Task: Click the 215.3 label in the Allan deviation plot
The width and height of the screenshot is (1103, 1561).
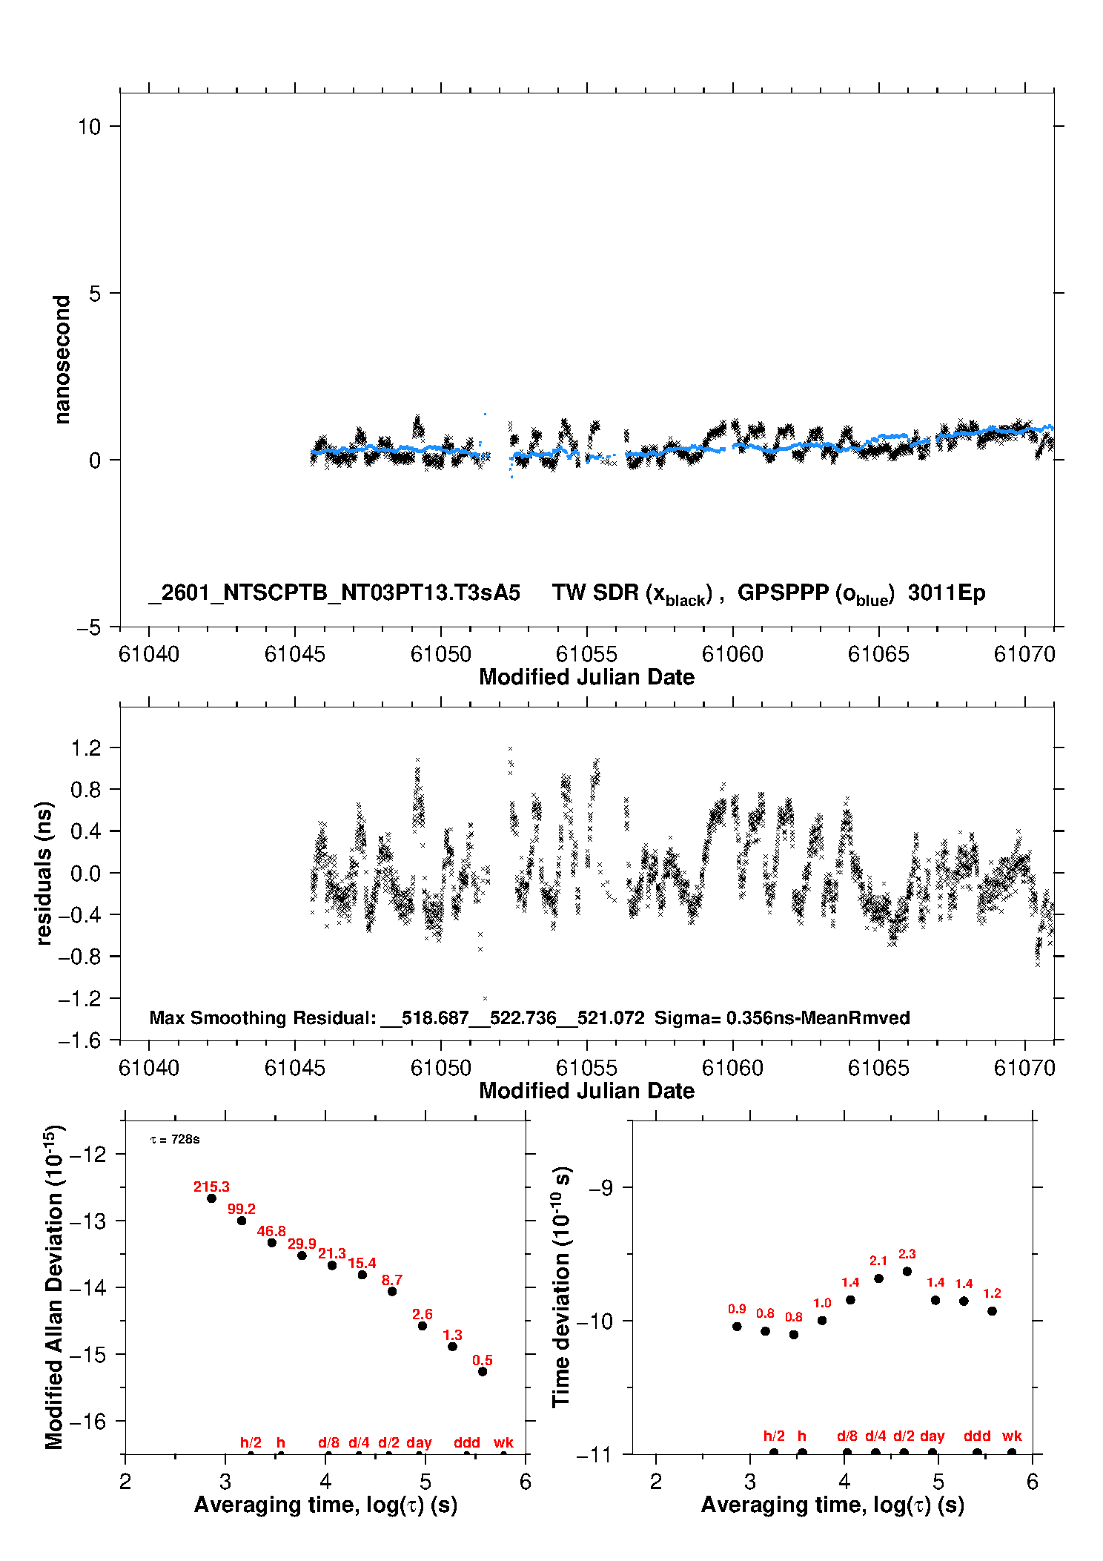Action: click(211, 1187)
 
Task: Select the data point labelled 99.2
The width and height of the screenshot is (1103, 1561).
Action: click(242, 1221)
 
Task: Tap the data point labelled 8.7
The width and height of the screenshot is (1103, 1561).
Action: click(392, 1291)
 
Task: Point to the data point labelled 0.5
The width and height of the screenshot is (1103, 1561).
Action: click(483, 1371)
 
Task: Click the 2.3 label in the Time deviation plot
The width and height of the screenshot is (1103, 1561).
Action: click(907, 1254)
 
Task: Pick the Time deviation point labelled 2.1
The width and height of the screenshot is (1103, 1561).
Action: click(878, 1278)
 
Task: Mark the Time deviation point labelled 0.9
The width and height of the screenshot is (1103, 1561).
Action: click(737, 1326)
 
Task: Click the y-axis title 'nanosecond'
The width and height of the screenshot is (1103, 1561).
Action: click(62, 360)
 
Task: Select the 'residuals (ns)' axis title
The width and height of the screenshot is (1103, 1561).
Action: click(44, 873)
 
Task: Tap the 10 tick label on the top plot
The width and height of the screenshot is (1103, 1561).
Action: click(89, 127)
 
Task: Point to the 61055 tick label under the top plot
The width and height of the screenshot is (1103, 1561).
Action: click(586, 654)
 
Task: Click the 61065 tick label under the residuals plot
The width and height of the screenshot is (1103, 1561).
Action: click(878, 1068)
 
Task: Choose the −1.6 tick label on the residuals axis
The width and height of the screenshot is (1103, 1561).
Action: click(79, 1040)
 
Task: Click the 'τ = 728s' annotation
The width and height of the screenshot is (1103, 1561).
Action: click(175, 1139)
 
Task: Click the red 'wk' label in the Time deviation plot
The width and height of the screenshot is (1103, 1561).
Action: click(1012, 1436)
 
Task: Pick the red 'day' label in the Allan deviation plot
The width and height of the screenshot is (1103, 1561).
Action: click(419, 1442)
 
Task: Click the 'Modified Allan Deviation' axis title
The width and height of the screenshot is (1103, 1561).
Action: click(54, 1288)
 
